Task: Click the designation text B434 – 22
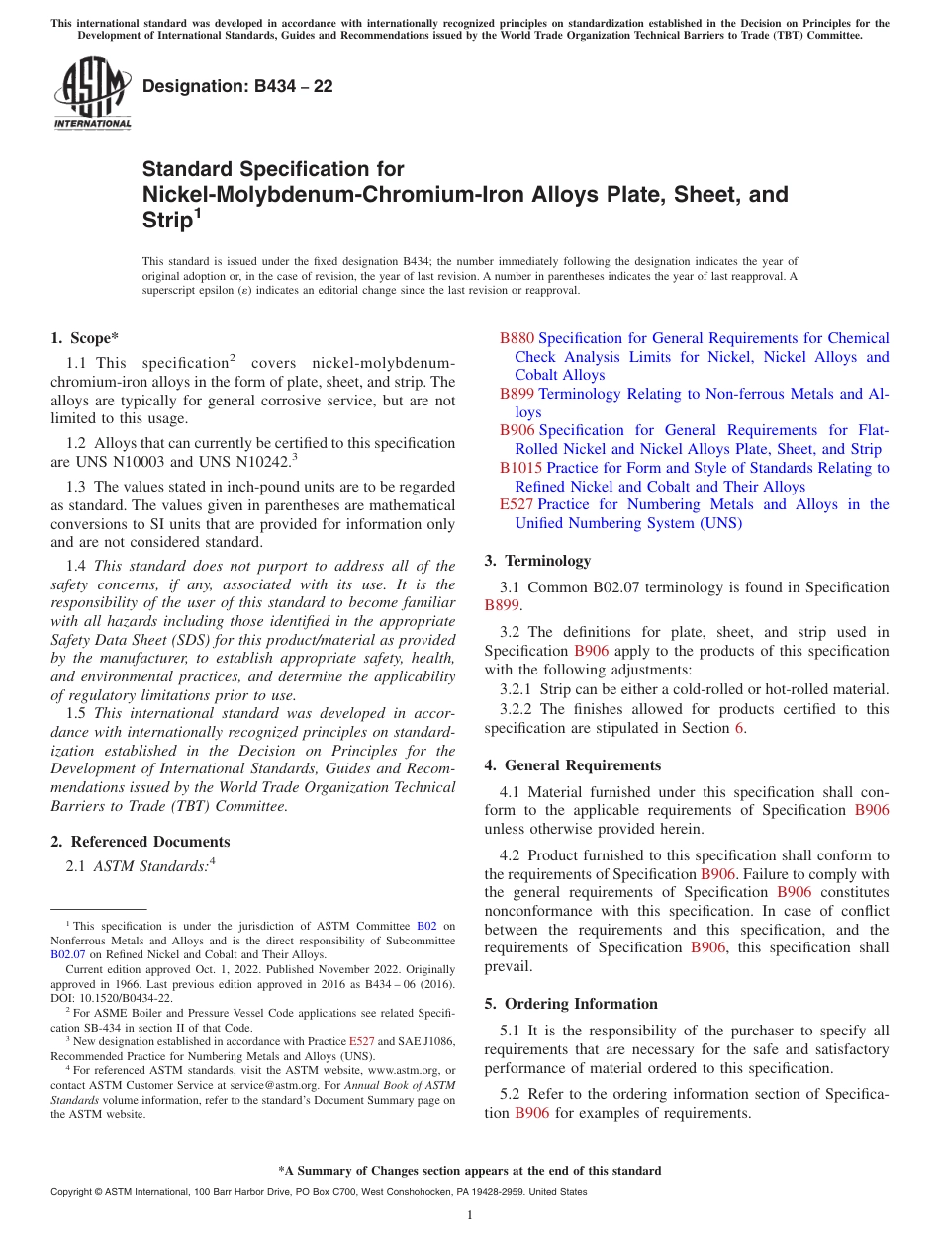point(237,87)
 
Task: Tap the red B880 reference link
point(517,338)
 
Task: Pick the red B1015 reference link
point(520,468)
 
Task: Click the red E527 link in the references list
point(517,504)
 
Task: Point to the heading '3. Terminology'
point(537,561)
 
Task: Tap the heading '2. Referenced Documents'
point(141,842)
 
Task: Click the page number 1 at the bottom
point(470,1215)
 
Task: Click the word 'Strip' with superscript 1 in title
point(167,220)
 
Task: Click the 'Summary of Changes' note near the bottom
point(470,1171)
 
